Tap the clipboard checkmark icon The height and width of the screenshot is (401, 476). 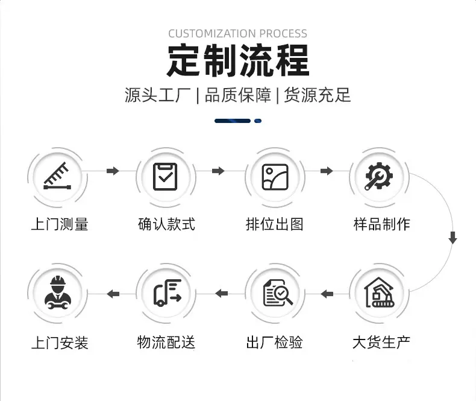(165, 177)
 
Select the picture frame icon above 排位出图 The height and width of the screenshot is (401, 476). (275, 177)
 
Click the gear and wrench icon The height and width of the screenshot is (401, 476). (379, 176)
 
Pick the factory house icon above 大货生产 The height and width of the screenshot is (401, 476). (379, 292)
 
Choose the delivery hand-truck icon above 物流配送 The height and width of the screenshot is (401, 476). (168, 292)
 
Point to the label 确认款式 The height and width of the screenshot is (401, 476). (166, 224)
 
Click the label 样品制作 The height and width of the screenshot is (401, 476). (381, 224)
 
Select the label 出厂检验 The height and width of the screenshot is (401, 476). (274, 343)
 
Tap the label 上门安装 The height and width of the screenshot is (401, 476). (60, 343)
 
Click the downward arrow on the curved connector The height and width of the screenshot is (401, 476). (453, 237)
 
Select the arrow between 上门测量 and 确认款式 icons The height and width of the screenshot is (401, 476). (113, 171)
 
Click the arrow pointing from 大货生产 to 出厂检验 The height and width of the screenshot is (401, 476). (327, 294)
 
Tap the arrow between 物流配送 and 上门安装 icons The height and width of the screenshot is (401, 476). (113, 294)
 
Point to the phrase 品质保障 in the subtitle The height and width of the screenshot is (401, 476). (237, 95)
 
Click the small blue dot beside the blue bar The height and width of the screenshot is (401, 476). (258, 121)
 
